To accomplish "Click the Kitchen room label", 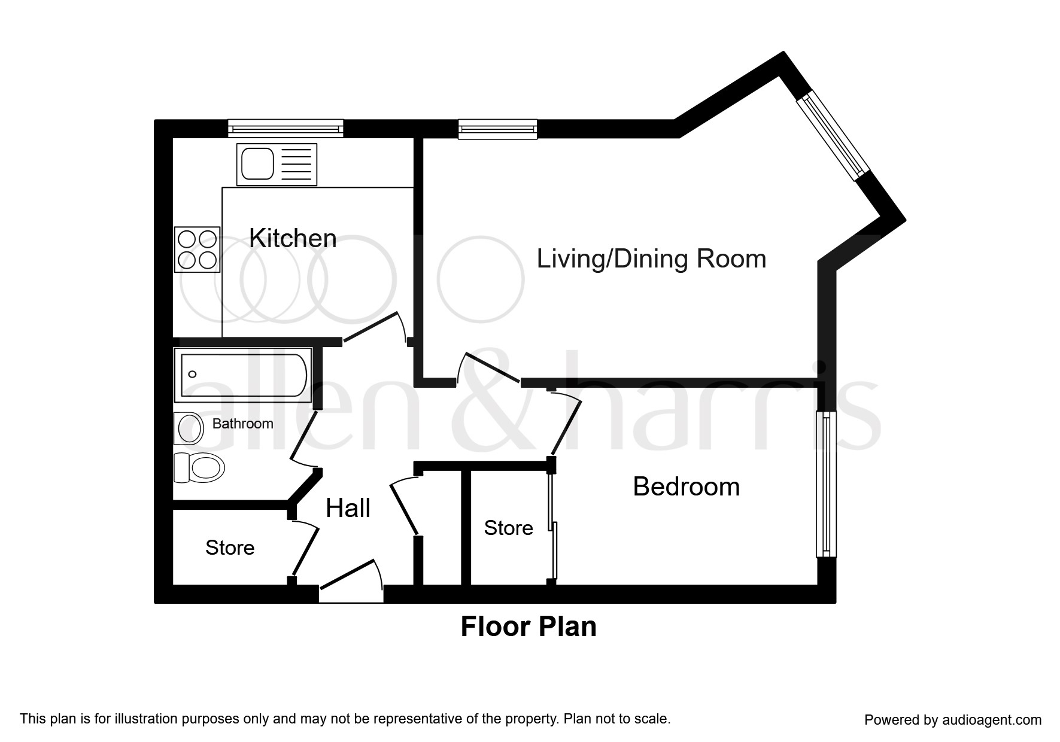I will pos(293,238).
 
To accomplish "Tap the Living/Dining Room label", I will pos(651,259).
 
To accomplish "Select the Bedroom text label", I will pos(686,486).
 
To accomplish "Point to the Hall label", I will pos(348,508).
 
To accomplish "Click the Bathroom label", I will pos(242,424).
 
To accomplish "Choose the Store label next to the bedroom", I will pos(508,528).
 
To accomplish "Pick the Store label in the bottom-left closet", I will pos(230,548).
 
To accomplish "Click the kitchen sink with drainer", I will pos(277,165).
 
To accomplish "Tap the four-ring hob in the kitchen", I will pos(197,250).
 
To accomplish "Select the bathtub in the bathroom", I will pos(242,375).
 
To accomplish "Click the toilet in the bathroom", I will pos(199,467).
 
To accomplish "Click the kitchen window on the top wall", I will pos(285,128).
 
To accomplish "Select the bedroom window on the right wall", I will pos(826,483).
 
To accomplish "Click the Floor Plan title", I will pos(529,627).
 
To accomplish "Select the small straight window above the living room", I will pos(497,129).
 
